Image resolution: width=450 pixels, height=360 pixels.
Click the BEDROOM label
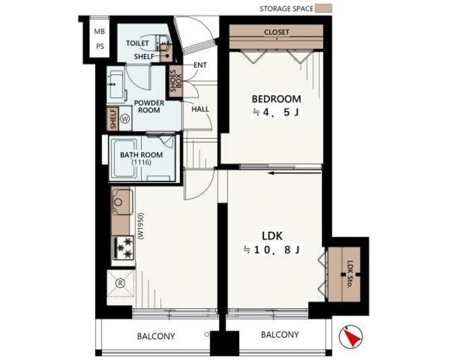tap(276, 99)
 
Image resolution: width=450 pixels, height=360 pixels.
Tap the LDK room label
tap(272, 236)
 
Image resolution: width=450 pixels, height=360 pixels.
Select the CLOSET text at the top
tap(276, 32)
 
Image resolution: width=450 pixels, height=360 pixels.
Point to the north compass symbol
tap(351, 336)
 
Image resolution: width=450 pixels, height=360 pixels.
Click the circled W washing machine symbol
tap(125, 118)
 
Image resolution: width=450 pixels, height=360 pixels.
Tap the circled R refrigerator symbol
tap(120, 284)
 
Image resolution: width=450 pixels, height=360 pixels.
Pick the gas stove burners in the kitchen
tap(123, 247)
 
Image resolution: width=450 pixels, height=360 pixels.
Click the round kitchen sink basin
tap(118, 202)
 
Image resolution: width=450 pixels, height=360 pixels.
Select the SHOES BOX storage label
tap(176, 81)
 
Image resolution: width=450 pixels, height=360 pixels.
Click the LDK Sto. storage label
tap(350, 274)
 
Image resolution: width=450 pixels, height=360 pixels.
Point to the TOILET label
tap(138, 43)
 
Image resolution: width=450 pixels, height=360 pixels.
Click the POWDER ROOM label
tap(149, 107)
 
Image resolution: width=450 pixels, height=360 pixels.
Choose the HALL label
tap(200, 109)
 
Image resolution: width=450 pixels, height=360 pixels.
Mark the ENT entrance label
tap(200, 66)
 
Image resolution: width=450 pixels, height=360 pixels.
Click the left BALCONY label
tap(156, 336)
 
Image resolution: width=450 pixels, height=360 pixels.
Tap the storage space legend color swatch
tap(324, 9)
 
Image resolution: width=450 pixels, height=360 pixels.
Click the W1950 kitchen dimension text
tap(140, 226)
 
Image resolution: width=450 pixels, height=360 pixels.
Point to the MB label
tap(99, 32)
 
